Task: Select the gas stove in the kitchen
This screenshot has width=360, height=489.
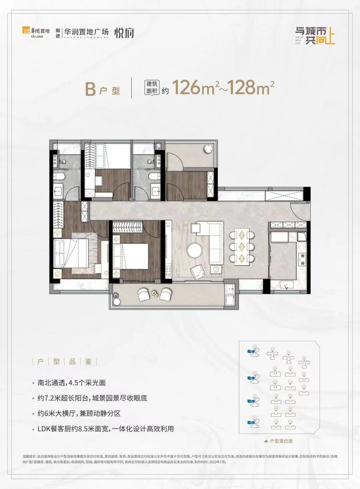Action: (302, 260)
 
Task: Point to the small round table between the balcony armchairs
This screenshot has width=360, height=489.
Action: (155, 293)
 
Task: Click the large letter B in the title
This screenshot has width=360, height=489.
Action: (90, 88)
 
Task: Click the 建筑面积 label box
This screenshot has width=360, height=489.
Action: (152, 88)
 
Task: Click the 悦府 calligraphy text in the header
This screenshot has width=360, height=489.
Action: (124, 33)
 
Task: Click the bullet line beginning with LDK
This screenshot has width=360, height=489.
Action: (105, 429)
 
